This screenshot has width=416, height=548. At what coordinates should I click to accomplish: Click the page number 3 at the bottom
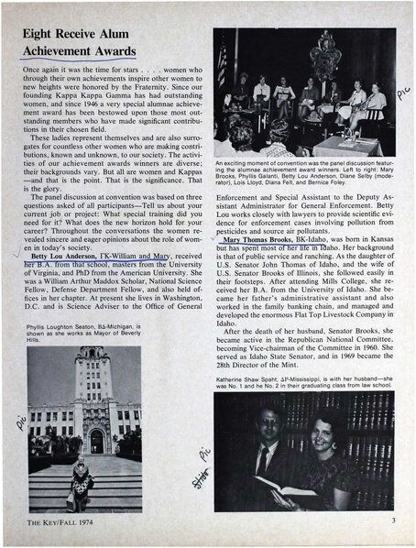pyautogui.click(x=390, y=521)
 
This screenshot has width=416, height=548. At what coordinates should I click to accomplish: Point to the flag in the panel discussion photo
pyautogui.click(x=222, y=63)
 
